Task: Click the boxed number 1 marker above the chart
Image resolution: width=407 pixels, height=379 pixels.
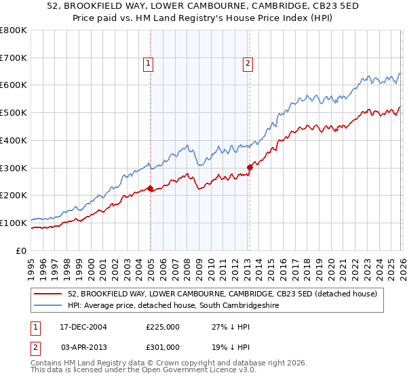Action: pyautogui.click(x=148, y=64)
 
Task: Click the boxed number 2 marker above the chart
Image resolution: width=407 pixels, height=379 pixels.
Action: pyautogui.click(x=248, y=64)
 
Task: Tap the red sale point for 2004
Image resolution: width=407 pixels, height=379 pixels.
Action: pyautogui.click(x=150, y=189)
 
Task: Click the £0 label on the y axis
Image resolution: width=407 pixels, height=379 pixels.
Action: pyautogui.click(x=22, y=250)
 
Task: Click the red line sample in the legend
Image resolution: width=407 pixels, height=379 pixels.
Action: pyautogui.click(x=48, y=293)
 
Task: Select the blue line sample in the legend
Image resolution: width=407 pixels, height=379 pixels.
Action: pyautogui.click(x=48, y=306)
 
